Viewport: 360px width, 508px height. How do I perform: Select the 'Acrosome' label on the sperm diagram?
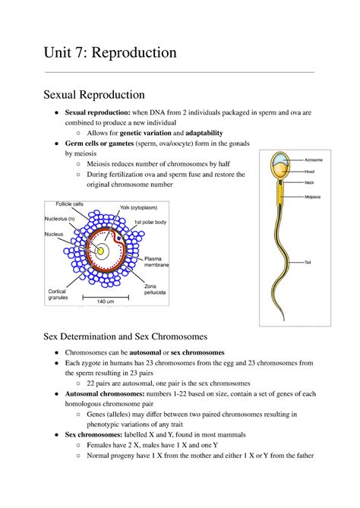(x=314, y=160)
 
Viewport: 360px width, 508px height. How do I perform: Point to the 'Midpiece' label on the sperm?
(x=314, y=196)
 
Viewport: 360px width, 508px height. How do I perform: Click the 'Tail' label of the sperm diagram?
(x=308, y=262)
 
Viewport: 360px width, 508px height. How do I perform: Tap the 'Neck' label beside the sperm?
(x=309, y=183)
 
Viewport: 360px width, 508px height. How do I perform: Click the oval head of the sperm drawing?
(x=280, y=166)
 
